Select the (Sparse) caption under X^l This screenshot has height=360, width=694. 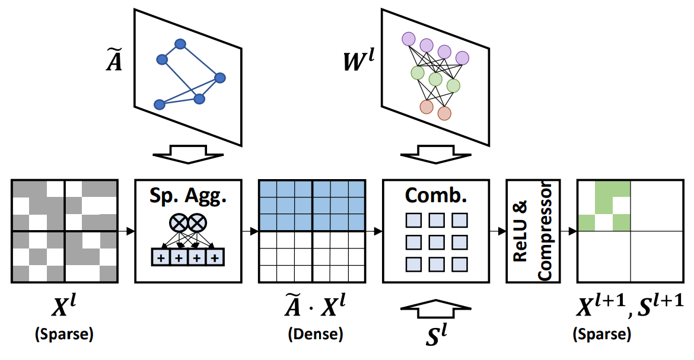coord(65,334)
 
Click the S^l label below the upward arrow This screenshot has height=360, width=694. coord(436,333)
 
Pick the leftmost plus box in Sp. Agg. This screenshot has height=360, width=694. coord(160,258)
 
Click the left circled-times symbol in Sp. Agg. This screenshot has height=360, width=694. coord(179,222)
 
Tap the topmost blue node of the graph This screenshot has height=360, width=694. coord(180,44)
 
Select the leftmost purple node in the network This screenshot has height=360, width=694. coord(408,39)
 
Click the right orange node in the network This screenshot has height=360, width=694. coord(444,113)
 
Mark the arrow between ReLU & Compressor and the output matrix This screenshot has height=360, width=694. coord(570,231)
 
